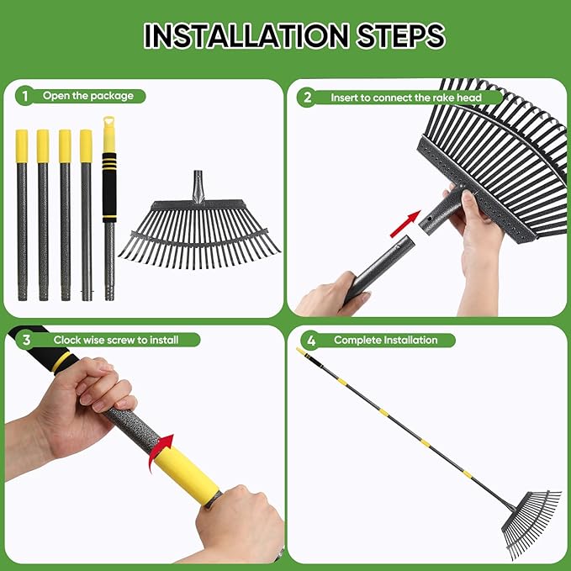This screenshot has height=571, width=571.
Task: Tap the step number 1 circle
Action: coord(25,96)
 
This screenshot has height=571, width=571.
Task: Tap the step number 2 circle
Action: coord(308,98)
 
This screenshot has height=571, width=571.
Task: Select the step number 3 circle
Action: coord(26,340)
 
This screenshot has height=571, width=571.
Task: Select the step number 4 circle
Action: coord(312,340)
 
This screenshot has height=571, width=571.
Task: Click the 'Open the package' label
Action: coord(88,96)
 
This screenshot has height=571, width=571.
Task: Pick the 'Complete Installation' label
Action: coord(385,340)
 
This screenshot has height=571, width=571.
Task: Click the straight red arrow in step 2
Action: coord(406,222)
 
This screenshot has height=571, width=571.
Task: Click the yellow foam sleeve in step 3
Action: coord(183,474)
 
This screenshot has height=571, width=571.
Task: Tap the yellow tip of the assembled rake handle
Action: coord(301,351)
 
